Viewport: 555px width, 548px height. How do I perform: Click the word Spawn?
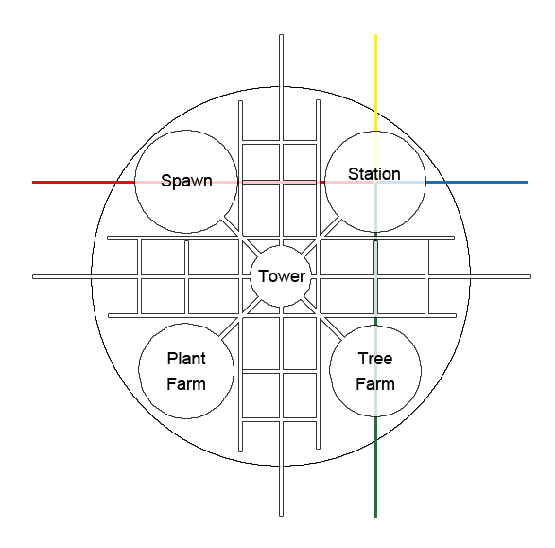[x=186, y=181]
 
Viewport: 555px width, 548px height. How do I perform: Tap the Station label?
[x=374, y=174]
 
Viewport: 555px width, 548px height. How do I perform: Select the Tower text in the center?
[x=282, y=276]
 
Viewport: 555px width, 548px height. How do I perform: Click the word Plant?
[x=186, y=359]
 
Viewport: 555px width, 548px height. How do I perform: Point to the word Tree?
[x=375, y=359]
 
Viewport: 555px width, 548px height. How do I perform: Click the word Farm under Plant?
[x=186, y=384]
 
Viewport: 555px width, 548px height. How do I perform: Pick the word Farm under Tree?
[x=375, y=384]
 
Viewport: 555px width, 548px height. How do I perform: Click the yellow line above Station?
[x=376, y=82]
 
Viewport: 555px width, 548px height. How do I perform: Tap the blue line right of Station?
[x=477, y=182]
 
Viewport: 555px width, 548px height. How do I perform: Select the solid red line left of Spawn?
[x=83, y=182]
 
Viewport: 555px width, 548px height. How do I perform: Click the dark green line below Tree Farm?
[x=376, y=467]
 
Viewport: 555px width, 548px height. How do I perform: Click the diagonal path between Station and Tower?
[x=321, y=236]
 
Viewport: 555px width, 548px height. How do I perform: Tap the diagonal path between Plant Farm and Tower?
[x=240, y=318]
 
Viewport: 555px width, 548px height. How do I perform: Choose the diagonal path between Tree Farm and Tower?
[x=322, y=318]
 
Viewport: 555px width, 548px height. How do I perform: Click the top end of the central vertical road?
[x=282, y=35]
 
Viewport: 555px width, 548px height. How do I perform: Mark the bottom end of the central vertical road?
[x=282, y=516]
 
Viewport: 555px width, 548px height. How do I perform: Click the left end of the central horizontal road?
[x=33, y=277]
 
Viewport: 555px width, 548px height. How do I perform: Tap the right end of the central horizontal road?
[x=530, y=277]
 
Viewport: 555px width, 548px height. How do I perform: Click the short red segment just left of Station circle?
[x=322, y=182]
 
